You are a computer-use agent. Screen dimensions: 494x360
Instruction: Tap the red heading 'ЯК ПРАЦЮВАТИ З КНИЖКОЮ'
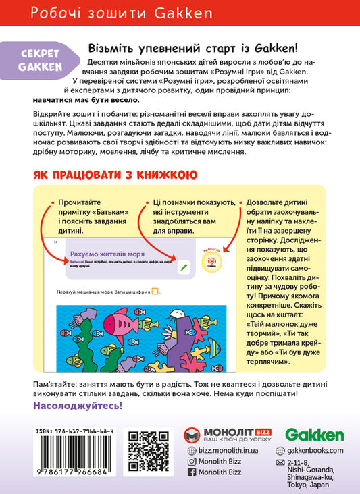115,175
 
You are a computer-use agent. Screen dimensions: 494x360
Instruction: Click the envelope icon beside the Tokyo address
281,464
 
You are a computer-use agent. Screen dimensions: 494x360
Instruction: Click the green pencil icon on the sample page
183,268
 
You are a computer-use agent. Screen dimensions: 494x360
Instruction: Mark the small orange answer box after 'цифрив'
155,292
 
